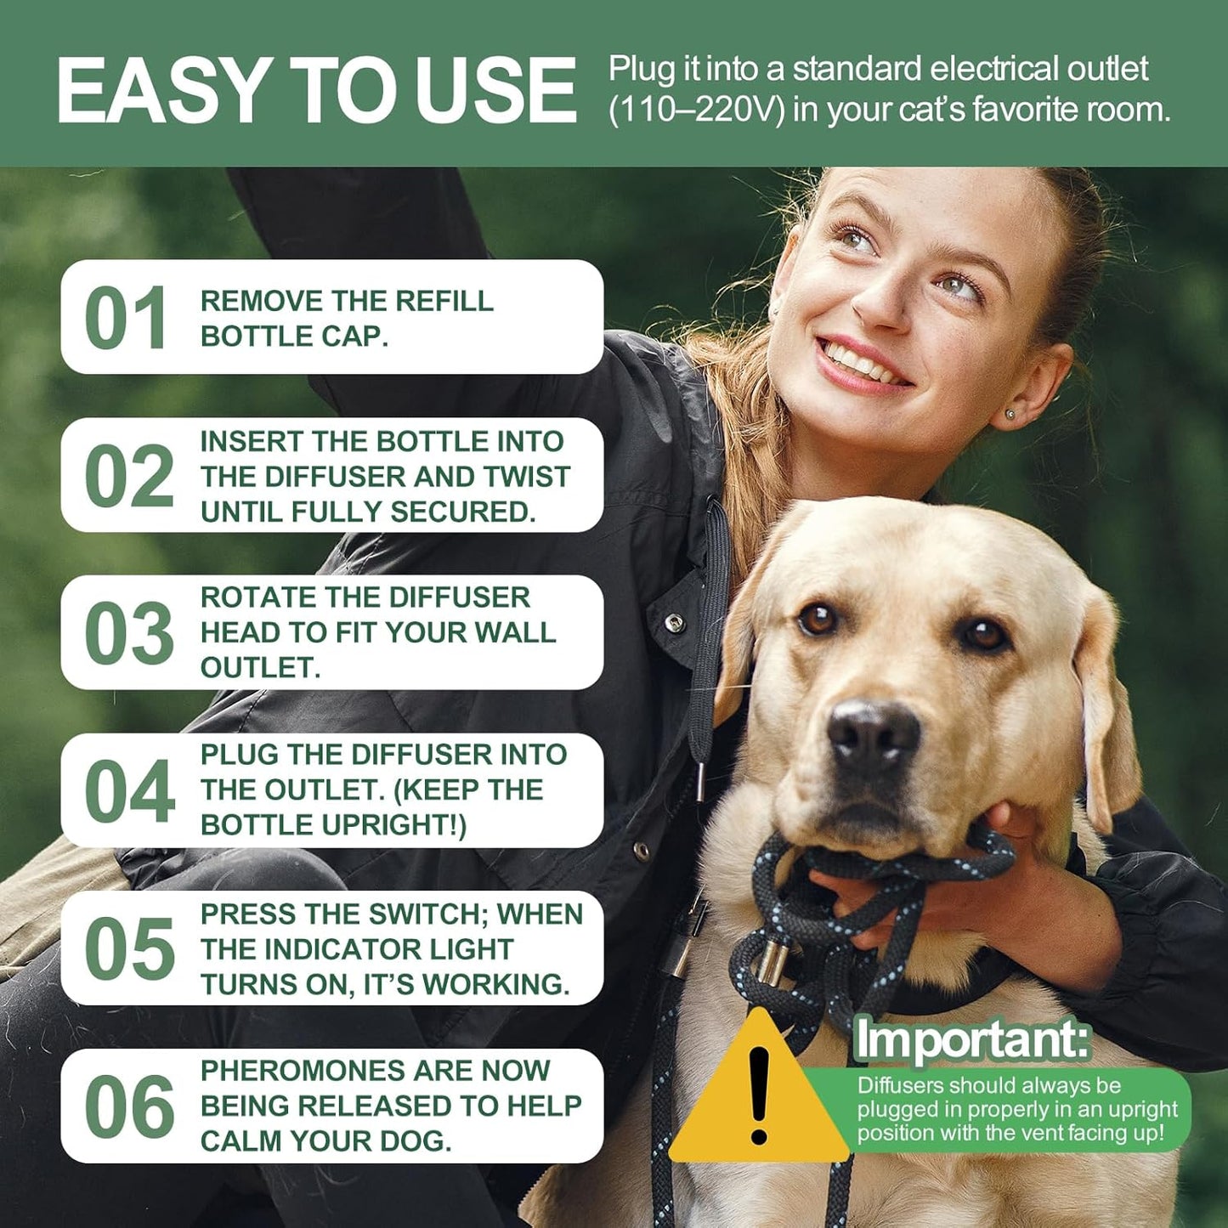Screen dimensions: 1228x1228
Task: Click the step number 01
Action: (x=126, y=318)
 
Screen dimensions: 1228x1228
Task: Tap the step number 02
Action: (x=129, y=476)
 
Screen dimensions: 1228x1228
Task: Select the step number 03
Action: (x=129, y=634)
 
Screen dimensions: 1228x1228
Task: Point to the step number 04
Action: (x=129, y=791)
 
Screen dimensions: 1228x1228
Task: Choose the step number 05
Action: (x=129, y=949)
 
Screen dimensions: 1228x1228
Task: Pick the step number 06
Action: (x=129, y=1106)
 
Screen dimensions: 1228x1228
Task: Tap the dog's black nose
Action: (x=874, y=733)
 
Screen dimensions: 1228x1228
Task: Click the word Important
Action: (x=971, y=1039)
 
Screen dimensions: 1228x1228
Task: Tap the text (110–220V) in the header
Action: (x=696, y=110)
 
